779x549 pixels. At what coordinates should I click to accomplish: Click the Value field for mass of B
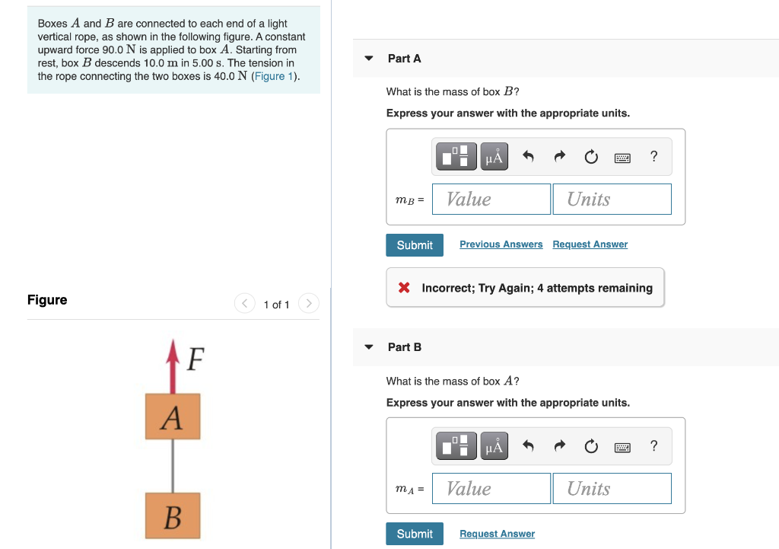pyautogui.click(x=491, y=199)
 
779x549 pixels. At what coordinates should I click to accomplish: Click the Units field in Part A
pyautogui.click(x=612, y=199)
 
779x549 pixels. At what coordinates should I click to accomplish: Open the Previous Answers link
pyautogui.click(x=501, y=244)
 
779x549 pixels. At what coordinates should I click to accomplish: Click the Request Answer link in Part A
pyautogui.click(x=590, y=244)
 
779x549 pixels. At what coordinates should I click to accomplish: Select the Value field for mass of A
pyautogui.click(x=491, y=489)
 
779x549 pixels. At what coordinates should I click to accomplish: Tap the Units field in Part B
pyautogui.click(x=612, y=489)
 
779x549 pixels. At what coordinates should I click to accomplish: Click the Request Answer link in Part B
pyautogui.click(x=497, y=534)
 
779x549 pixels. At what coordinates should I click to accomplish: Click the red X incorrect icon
pyautogui.click(x=405, y=288)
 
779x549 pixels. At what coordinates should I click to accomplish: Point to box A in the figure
pyautogui.click(x=173, y=417)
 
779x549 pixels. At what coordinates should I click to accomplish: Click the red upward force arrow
pyautogui.click(x=173, y=366)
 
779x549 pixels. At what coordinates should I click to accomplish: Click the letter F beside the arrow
pyautogui.click(x=195, y=358)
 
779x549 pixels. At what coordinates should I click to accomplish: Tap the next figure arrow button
pyautogui.click(x=309, y=304)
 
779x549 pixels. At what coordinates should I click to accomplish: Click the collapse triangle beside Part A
pyautogui.click(x=369, y=59)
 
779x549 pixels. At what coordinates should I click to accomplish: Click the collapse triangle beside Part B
pyautogui.click(x=369, y=347)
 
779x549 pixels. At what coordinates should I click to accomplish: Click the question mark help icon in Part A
pyautogui.click(x=653, y=157)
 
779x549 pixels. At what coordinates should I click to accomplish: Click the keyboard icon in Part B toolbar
pyautogui.click(x=622, y=447)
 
